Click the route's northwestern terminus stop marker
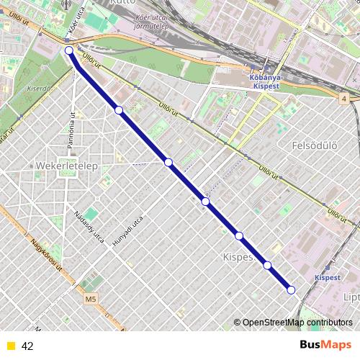point(69,50)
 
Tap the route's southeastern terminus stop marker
point(291,289)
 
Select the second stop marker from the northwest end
point(119,109)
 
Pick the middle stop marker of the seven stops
point(206,202)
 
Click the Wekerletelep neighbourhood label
point(66,166)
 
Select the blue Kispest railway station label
point(328,276)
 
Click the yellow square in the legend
point(10,346)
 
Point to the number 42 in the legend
point(27,346)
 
